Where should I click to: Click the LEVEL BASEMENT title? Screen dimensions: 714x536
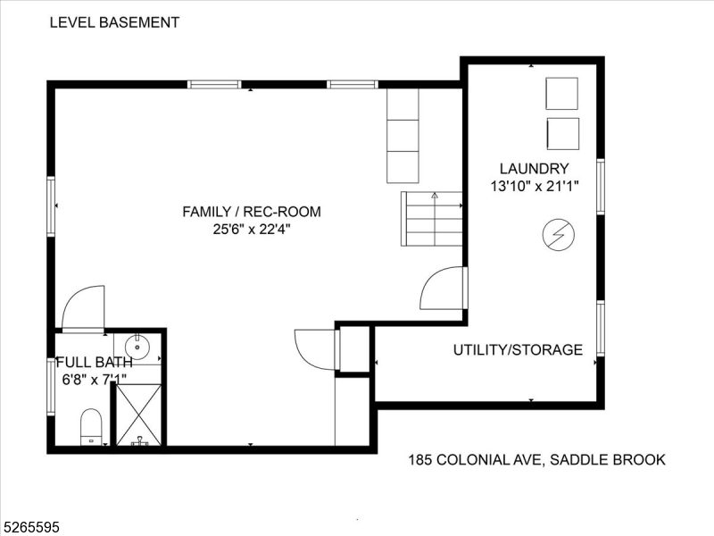(x=114, y=22)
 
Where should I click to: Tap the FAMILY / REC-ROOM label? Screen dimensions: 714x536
(x=252, y=212)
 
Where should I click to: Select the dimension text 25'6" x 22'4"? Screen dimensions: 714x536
(x=252, y=229)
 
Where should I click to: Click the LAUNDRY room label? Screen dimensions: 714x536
(x=534, y=169)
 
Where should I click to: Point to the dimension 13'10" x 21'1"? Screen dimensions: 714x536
(x=534, y=186)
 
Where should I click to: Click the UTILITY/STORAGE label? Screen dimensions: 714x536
(x=518, y=349)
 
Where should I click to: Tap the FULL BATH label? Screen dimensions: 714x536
(x=95, y=362)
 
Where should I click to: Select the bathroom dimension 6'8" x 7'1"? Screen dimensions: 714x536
(x=95, y=379)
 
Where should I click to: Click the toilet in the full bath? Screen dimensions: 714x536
(x=91, y=427)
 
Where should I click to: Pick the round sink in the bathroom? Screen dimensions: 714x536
(x=137, y=348)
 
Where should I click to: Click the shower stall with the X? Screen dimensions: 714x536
(x=138, y=415)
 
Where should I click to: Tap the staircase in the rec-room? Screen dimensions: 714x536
(x=431, y=219)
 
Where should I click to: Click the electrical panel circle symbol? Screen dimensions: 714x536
(x=559, y=235)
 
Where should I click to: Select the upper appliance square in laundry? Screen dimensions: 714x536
(x=562, y=94)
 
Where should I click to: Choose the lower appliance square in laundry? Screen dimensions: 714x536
(x=563, y=133)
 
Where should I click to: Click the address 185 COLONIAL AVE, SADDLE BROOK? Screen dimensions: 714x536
(x=537, y=459)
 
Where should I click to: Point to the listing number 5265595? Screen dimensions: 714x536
(x=29, y=527)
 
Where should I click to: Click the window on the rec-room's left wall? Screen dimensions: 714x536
(x=51, y=206)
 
